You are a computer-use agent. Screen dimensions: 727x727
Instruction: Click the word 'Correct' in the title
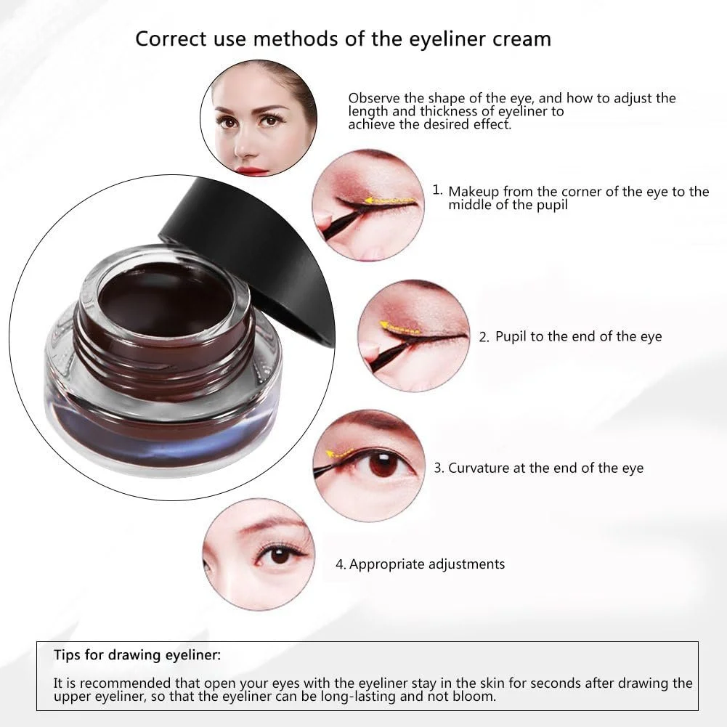coord(171,39)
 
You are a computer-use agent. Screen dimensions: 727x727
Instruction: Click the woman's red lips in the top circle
coord(251,171)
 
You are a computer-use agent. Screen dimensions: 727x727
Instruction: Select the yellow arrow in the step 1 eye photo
coord(389,201)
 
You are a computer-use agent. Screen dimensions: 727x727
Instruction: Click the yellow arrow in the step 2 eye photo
coord(399,328)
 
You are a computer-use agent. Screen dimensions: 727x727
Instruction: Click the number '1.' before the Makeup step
coord(437,190)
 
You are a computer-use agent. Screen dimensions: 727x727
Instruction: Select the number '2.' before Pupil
coord(484,337)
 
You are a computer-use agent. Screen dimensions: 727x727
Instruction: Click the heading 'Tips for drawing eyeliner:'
coord(137,654)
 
